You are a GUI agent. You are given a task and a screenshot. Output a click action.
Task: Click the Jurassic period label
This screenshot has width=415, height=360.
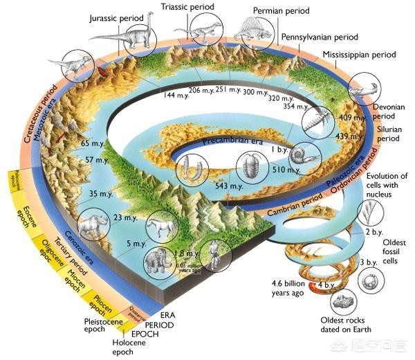coord(117,17)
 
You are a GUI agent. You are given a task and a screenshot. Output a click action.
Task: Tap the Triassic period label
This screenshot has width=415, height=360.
coord(189,7)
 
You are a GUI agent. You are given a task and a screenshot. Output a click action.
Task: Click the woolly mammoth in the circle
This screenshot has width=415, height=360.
coord(157,264)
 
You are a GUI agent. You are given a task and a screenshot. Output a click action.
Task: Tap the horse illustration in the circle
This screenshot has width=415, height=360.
coord(163,226)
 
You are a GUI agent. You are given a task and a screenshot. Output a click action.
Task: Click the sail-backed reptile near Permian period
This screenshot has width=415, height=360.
coord(250,30)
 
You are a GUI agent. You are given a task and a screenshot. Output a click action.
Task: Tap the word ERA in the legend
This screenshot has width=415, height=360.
coord(178,314)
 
